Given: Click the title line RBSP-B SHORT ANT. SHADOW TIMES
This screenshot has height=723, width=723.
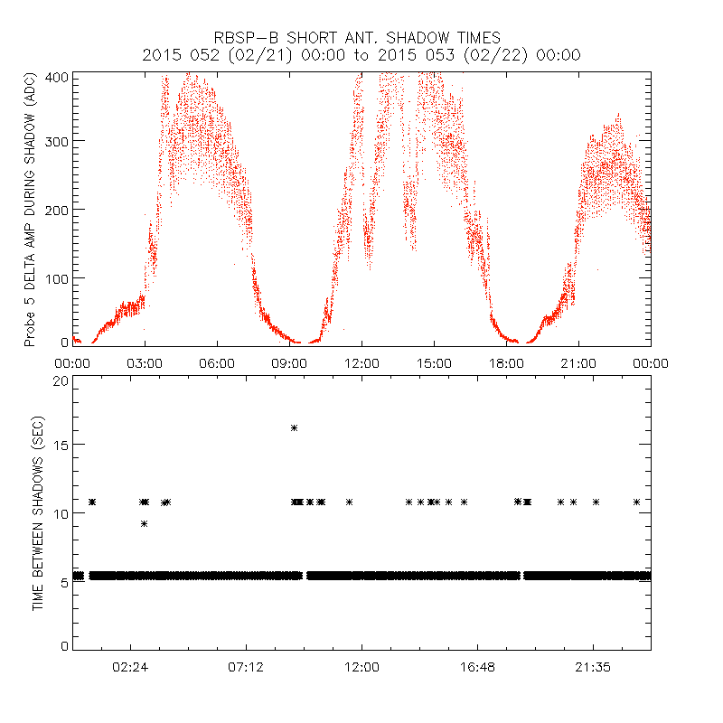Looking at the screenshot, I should coord(361,38).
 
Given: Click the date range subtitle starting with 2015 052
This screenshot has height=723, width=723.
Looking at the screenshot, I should coord(361,55).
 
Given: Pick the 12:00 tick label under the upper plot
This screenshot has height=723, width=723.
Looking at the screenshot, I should coord(361,363).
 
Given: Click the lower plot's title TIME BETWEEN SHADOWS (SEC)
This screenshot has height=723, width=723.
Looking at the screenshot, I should coord(38,512).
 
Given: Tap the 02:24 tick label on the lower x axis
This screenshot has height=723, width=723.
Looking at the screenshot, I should coord(130,667).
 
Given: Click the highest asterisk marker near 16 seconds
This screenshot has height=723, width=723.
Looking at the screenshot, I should coord(294,427).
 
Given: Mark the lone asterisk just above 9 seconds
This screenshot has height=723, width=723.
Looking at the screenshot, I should coord(144,523).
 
